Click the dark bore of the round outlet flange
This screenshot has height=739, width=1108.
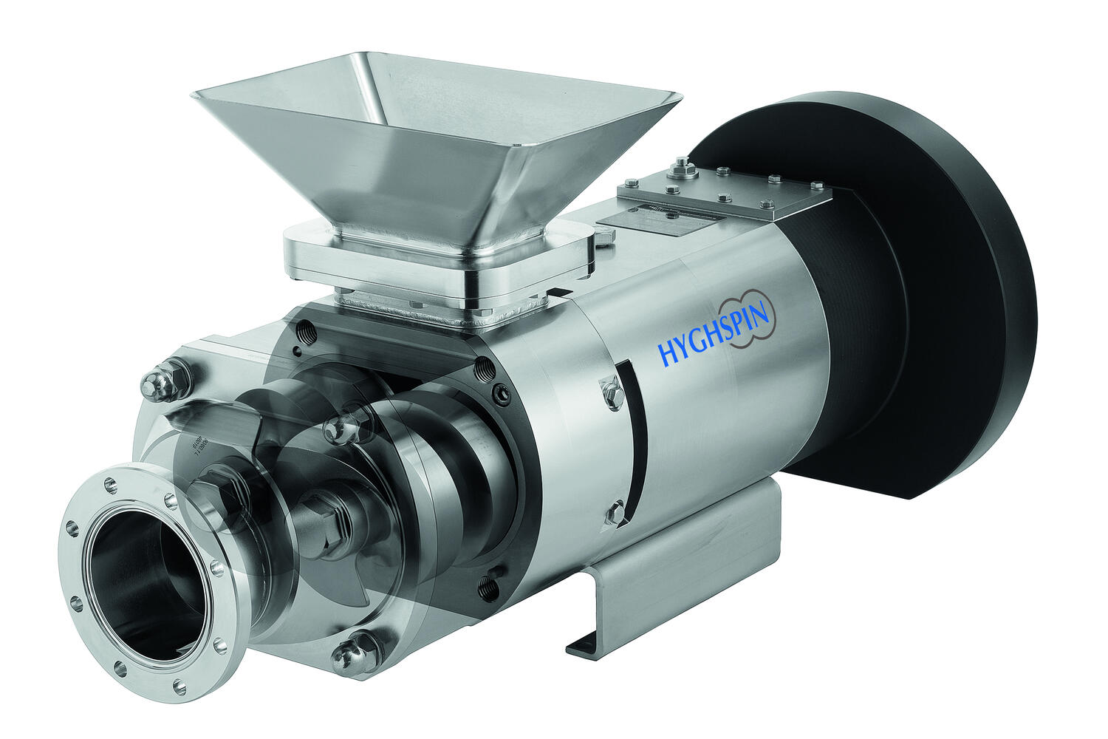(140, 584)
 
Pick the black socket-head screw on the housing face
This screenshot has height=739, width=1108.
(502, 397)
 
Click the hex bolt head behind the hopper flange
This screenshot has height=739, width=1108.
(604, 236)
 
